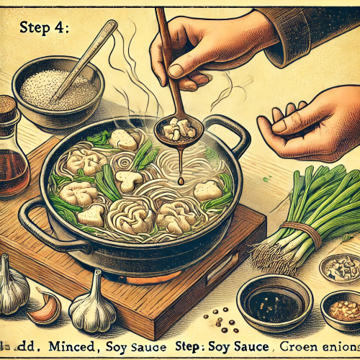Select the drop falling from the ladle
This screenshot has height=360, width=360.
(x=181, y=180)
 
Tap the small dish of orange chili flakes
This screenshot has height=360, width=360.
(x=341, y=308)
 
